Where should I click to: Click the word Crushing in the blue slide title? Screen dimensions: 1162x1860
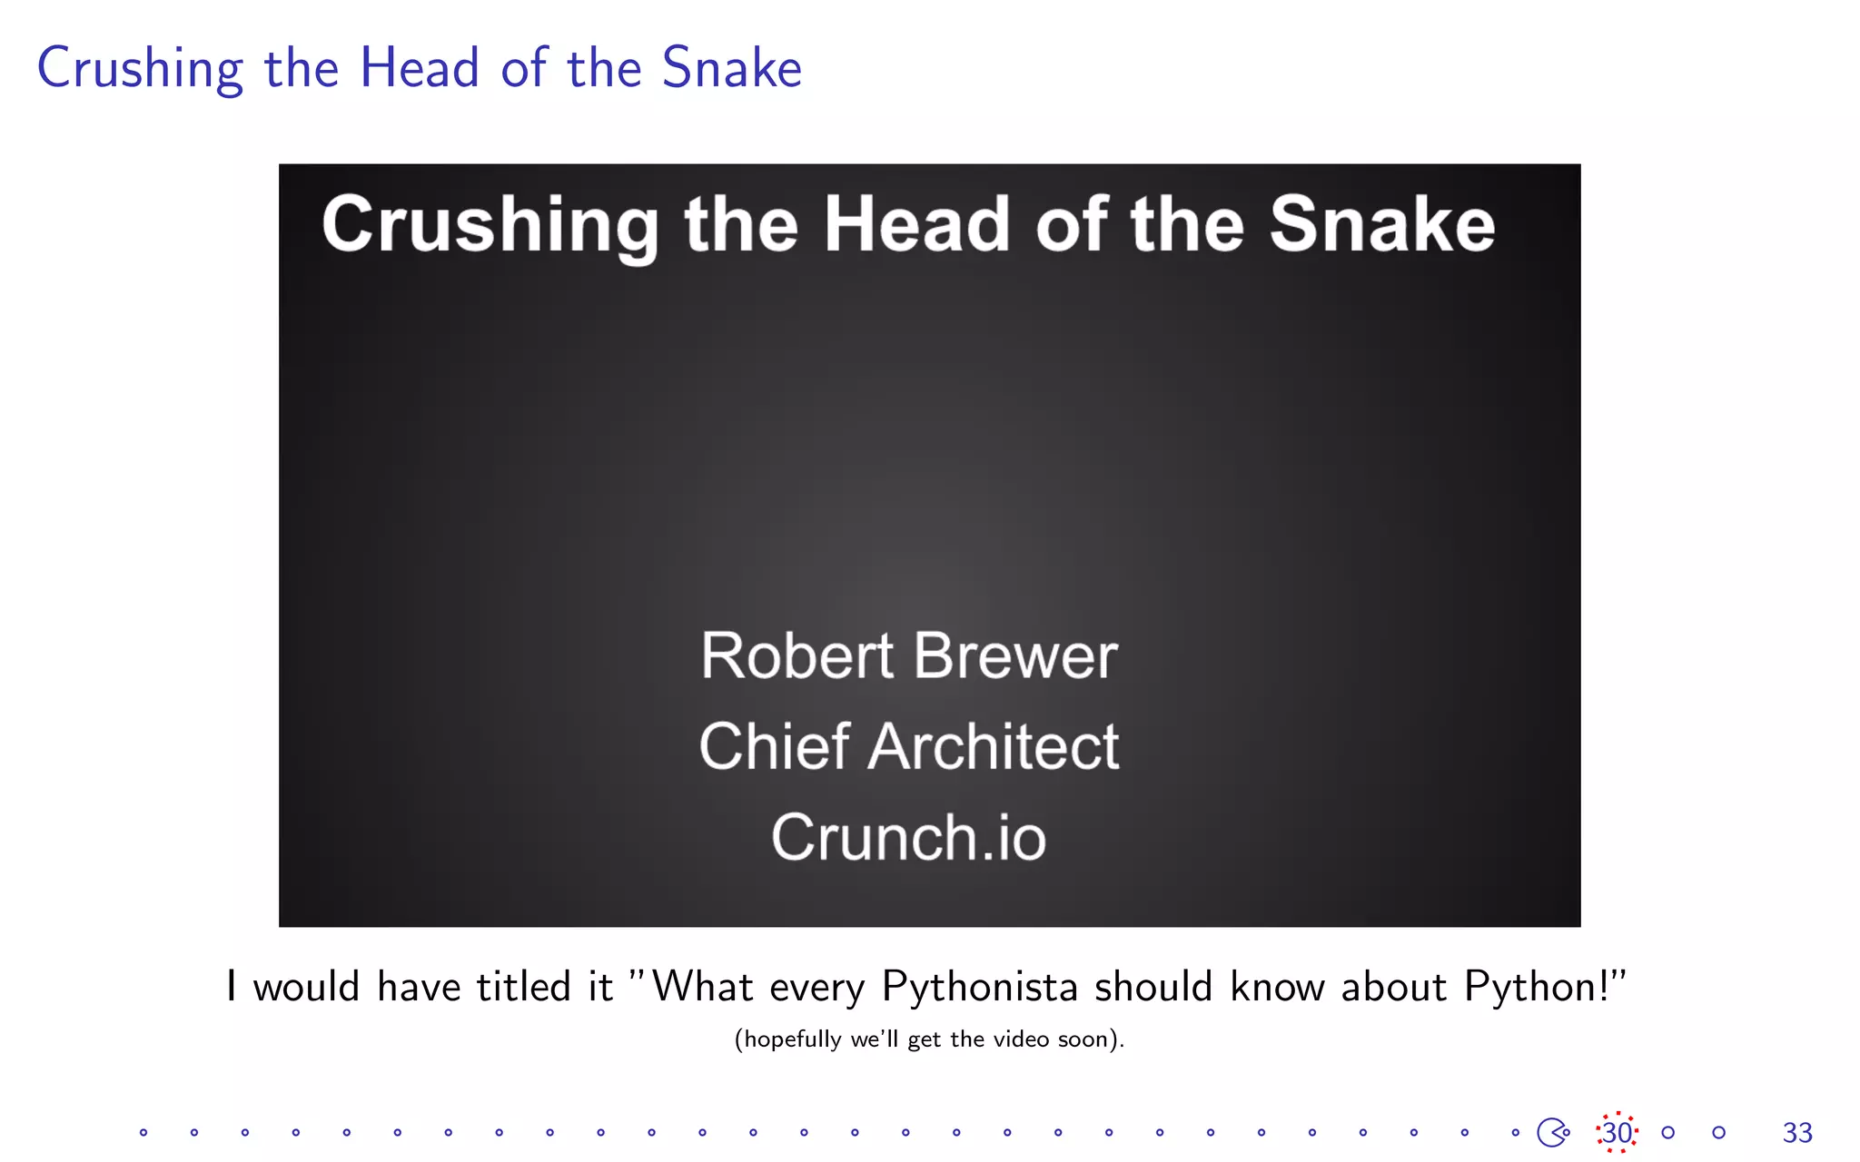tap(140, 69)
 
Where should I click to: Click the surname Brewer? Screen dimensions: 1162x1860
tap(1015, 655)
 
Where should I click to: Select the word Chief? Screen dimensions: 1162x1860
tap(774, 746)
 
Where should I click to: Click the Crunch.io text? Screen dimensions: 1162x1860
tap(908, 837)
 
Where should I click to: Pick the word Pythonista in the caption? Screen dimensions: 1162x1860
tap(979, 987)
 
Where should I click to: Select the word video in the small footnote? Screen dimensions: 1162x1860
tap(1021, 1039)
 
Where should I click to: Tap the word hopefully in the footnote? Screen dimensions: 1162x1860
tap(793, 1039)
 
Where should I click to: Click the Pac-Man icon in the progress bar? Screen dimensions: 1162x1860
tap(1552, 1132)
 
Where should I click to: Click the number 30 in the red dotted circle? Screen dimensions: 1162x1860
tap(1617, 1132)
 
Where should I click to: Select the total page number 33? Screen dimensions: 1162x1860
tap(1797, 1132)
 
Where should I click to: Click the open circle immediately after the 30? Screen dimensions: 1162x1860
tap(1667, 1132)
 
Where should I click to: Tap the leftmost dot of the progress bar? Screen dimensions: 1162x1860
tap(143, 1132)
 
